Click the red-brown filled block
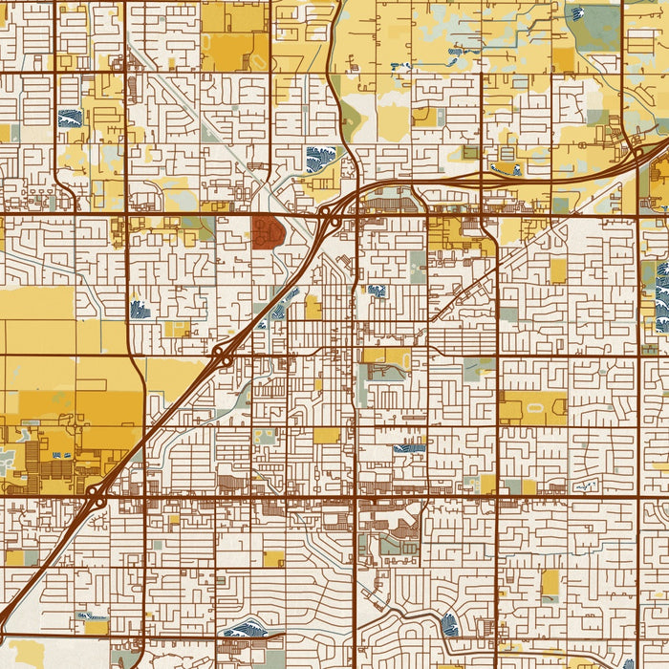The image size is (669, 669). pos(268,231)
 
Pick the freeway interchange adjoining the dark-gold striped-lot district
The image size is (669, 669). pos(96,496)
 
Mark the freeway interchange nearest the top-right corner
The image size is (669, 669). pos(637,151)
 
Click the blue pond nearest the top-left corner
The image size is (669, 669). pos(70,119)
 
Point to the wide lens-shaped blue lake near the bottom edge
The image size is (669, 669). pos(245,629)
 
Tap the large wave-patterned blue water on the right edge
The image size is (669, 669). pos(662,297)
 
